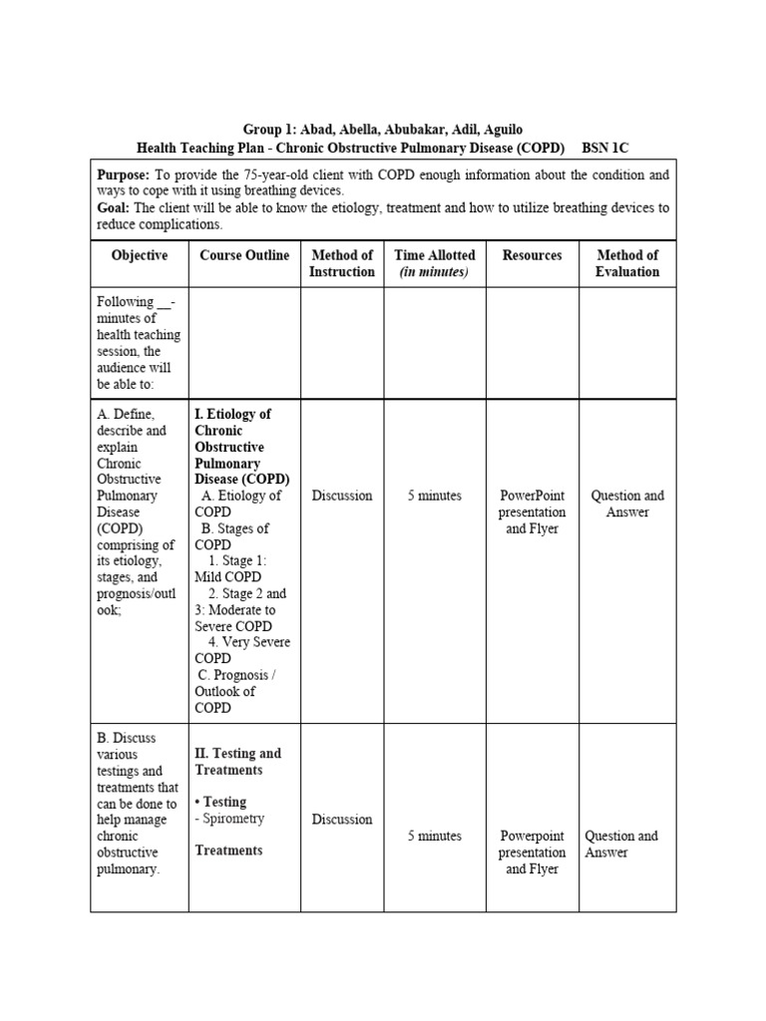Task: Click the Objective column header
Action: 139,255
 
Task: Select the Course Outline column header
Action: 244,255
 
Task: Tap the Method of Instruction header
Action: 342,263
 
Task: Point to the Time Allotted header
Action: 434,263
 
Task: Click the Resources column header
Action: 532,255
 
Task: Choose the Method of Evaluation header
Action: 627,263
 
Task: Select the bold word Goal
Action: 113,207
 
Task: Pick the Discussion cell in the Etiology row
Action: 342,496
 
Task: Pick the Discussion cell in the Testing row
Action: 342,820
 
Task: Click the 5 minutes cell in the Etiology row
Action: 434,496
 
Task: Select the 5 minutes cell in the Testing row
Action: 434,837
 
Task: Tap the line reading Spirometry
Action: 232,819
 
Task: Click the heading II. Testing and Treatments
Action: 237,762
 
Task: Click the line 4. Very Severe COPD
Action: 242,650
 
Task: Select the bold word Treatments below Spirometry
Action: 229,851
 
